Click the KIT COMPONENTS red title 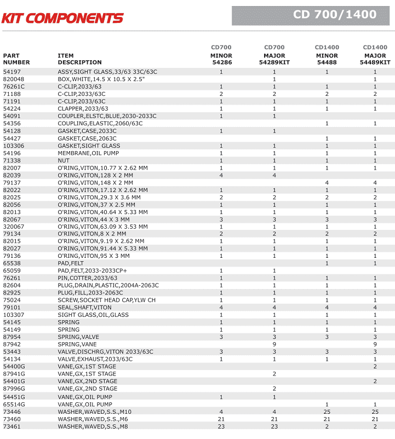click(x=62, y=18)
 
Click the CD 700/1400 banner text click(x=335, y=15)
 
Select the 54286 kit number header click(x=221, y=63)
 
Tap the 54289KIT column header click(x=274, y=63)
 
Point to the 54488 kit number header click(x=327, y=63)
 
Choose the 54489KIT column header click(x=375, y=63)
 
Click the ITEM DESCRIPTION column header click(x=79, y=59)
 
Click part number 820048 click(x=13, y=79)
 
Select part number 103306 click(x=14, y=146)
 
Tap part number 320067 click(x=14, y=227)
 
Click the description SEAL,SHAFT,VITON click(x=84, y=308)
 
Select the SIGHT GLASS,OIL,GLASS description click(x=93, y=315)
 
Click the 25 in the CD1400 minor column click(x=327, y=411)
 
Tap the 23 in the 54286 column click(x=221, y=426)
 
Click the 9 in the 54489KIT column click(x=375, y=344)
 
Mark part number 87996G click(x=14, y=389)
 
